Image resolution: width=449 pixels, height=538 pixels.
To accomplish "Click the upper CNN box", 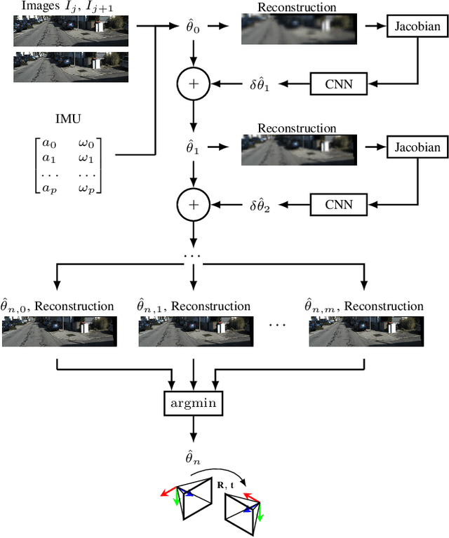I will point(340,85).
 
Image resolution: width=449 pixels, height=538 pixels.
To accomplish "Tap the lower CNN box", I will point(340,206).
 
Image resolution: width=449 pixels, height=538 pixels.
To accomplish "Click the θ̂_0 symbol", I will point(192,27).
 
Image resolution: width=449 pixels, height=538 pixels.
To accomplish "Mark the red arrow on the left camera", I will point(169,491).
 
